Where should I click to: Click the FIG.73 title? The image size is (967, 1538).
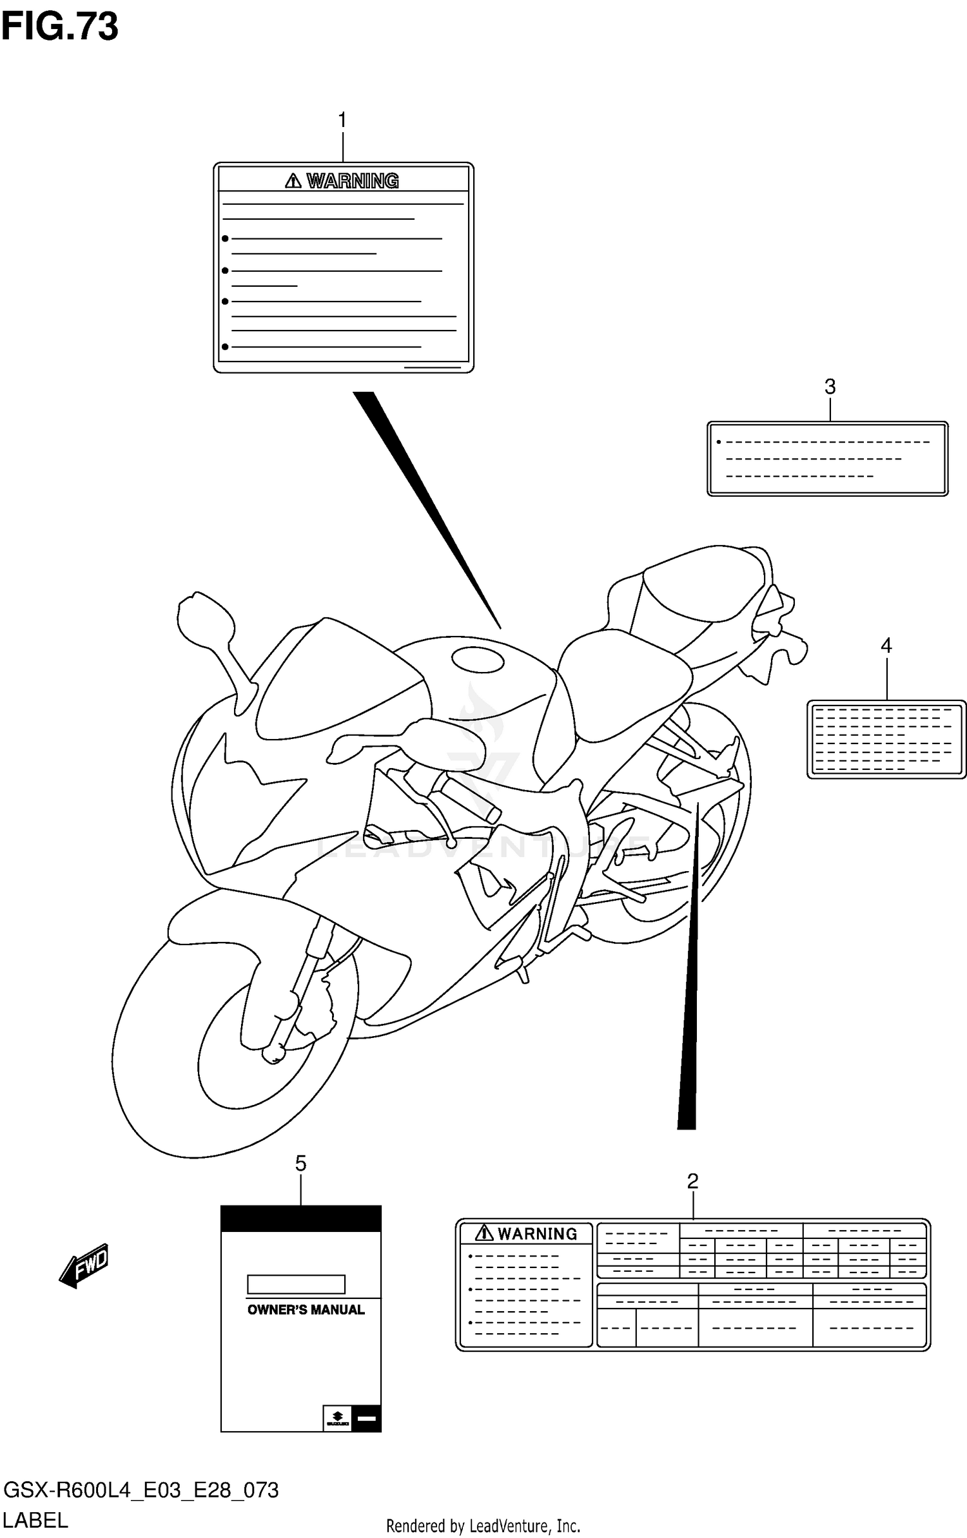pos(59,27)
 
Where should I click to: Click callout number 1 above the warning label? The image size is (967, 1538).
pos(342,120)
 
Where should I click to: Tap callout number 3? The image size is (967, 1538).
pos(830,387)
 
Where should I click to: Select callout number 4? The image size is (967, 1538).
pos(886,645)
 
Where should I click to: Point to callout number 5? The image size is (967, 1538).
pos(300,1163)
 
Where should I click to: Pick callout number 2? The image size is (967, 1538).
pos(692,1181)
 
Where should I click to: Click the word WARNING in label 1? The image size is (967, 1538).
pos(352,181)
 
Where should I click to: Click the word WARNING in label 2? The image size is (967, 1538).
pos(537,1234)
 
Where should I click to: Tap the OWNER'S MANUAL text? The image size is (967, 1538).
pos(306,1310)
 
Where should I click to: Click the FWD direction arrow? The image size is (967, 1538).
pos(84,1266)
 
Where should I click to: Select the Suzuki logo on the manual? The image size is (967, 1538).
pos(337,1418)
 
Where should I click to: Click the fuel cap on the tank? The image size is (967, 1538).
pos(478,660)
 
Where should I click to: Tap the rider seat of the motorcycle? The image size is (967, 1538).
pos(622,677)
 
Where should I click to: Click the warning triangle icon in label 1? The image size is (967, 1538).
pos(293,181)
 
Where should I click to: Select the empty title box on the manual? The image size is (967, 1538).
pos(296,1284)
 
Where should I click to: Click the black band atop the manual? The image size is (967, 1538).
pos(300,1218)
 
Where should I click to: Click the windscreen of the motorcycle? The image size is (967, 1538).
pos(335,683)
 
